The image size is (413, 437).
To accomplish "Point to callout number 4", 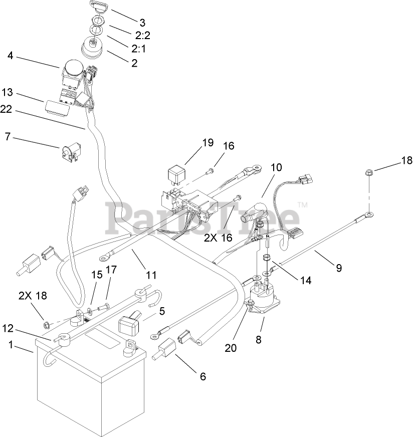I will coord(11,56).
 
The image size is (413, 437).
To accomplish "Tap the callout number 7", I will coord(7,136).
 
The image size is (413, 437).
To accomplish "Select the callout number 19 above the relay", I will coord(208,142).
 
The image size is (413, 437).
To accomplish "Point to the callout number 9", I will coord(339,268).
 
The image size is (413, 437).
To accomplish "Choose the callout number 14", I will coord(305,280).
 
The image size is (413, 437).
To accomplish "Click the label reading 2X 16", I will coord(218,238).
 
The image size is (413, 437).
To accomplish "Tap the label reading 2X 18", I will coord(33,296).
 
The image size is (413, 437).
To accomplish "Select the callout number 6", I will coord(203,376).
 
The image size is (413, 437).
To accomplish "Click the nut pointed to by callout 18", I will coord(368,173).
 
